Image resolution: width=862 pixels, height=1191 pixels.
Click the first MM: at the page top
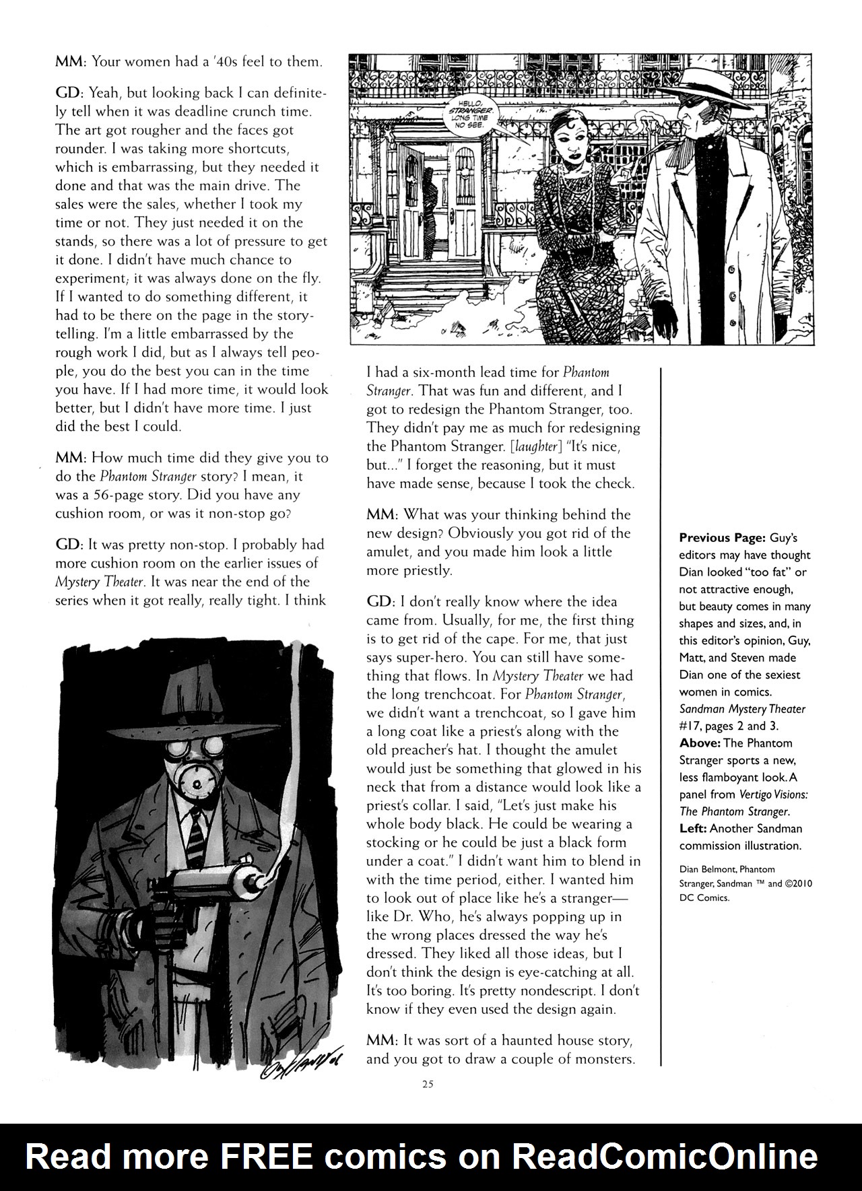[x=71, y=62]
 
